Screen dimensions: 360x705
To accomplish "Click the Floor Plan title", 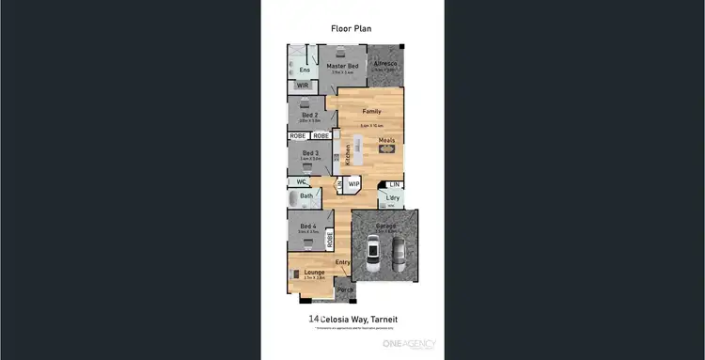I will [x=352, y=28].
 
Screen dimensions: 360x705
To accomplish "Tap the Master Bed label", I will [x=342, y=66].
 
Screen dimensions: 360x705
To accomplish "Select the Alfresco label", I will [x=385, y=64].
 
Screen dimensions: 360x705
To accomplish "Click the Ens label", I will [x=305, y=70].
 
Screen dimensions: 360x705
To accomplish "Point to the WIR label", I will [x=303, y=86].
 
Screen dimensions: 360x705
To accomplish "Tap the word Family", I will [x=373, y=111].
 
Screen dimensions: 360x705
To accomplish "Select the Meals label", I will [x=387, y=142].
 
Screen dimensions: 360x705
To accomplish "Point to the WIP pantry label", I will [x=354, y=184].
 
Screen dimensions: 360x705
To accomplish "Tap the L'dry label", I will [x=392, y=198].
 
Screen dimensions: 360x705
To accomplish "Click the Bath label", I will [x=306, y=196].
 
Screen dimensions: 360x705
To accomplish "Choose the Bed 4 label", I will [x=308, y=226].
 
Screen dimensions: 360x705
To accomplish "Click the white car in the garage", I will [x=373, y=252].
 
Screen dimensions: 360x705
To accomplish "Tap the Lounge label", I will [x=314, y=272].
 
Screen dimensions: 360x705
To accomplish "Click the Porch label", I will [x=345, y=290].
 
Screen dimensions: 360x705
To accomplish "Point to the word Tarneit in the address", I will [x=385, y=320].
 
